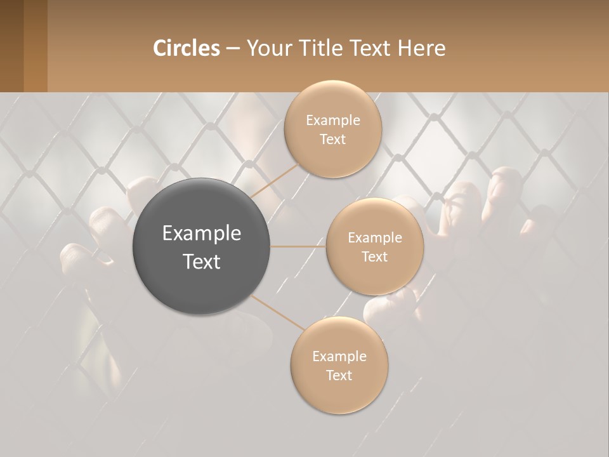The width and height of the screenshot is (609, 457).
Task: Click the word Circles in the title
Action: [186, 48]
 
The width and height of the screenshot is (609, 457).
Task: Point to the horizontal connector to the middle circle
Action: [298, 246]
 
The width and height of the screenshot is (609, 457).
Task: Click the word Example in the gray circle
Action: [201, 234]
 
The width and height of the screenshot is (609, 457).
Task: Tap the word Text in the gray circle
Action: [201, 262]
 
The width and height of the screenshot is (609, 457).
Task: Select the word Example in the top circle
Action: [332, 121]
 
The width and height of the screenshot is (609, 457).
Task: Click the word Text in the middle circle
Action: [374, 256]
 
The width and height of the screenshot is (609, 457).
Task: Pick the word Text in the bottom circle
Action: [339, 375]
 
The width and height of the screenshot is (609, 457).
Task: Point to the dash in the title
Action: [233, 49]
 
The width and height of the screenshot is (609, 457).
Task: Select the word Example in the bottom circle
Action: [339, 356]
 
